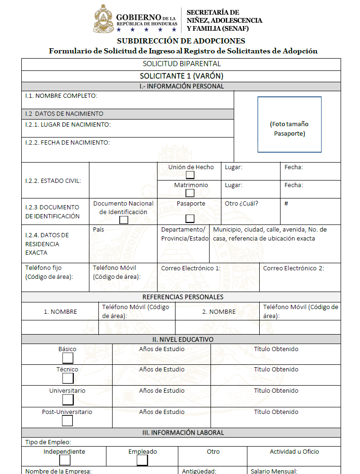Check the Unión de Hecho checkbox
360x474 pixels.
(190, 175)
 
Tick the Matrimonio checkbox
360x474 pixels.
(190, 193)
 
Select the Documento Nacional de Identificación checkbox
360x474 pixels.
(123, 220)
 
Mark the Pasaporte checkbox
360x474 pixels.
(190, 218)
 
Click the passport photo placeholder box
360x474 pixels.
(289, 124)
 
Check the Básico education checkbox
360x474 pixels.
(68, 358)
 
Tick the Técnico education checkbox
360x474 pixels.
(68, 378)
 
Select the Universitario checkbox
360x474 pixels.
(68, 400)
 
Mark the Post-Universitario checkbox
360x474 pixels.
(68, 421)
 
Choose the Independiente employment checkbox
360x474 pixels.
(64, 460)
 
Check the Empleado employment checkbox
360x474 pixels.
(142, 460)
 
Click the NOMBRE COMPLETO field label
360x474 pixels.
(61, 96)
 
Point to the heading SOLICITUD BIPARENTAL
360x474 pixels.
(181, 64)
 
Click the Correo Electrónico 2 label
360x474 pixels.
(293, 268)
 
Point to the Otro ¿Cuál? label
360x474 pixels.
(241, 204)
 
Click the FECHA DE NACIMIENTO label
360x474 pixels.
(67, 143)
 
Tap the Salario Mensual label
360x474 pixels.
(274, 471)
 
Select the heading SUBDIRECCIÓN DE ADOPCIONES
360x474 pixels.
(181, 41)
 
